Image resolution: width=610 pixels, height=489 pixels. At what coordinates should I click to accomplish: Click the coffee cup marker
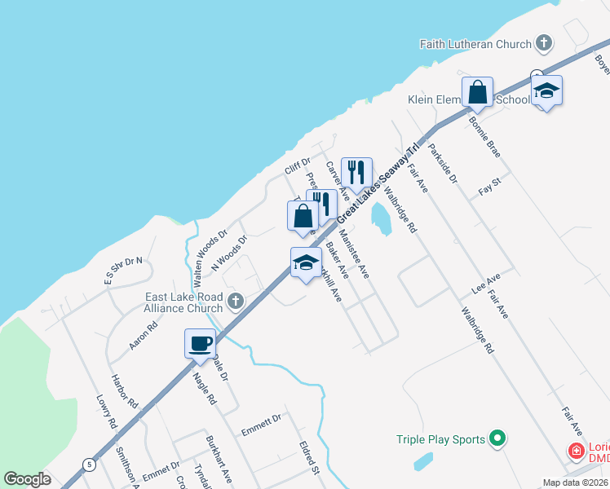tap(200, 343)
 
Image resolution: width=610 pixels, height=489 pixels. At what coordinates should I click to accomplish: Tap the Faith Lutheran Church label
tap(475, 43)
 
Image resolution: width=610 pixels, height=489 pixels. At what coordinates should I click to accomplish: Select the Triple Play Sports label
tap(440, 439)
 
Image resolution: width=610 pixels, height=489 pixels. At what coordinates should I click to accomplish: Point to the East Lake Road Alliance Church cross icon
tap(236, 302)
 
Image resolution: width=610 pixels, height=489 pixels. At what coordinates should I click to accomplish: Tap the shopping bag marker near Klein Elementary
tap(478, 92)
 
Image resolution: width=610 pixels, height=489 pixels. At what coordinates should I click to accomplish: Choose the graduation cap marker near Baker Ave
tap(306, 262)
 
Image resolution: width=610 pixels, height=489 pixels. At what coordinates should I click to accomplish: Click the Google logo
tap(27, 479)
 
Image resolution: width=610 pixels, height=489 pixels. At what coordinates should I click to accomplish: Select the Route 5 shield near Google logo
tap(88, 465)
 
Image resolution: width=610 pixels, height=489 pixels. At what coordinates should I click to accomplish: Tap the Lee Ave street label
tap(485, 284)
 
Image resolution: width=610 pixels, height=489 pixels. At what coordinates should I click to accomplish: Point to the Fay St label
tap(489, 190)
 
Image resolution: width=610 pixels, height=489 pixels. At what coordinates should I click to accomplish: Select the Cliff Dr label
tap(298, 167)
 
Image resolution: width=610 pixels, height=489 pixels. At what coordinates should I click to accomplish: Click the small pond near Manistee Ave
tap(380, 218)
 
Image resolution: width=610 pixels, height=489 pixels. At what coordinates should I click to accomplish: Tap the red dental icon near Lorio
tap(576, 450)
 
